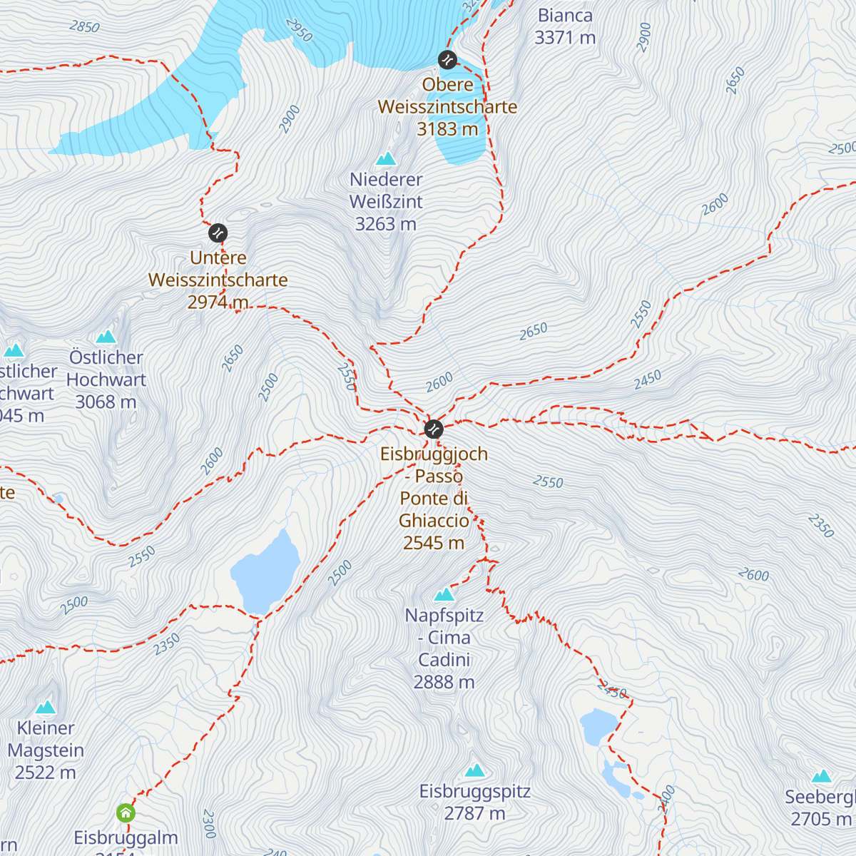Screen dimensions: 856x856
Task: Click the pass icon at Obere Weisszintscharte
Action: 447,59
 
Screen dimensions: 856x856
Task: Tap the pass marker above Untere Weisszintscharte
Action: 218,233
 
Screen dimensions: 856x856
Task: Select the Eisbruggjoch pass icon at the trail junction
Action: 434,429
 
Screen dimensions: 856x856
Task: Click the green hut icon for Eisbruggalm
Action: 126,812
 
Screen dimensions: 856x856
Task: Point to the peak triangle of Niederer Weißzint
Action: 386,158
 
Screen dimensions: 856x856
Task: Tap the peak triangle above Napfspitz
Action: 444,594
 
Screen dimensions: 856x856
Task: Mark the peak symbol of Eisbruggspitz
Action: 475,770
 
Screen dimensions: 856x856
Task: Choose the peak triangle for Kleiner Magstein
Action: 46,707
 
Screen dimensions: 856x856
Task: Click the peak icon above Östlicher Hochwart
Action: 106,336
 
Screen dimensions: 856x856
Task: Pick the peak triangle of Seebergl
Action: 822,776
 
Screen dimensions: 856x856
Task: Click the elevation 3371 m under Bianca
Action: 565,38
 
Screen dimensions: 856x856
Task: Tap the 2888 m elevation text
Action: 444,682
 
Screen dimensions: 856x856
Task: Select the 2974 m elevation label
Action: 218,302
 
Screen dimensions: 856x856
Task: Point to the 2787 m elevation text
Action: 474,813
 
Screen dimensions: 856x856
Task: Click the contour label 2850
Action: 84,27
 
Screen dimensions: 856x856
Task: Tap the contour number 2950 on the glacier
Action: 299,30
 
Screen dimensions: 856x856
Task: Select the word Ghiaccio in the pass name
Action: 434,520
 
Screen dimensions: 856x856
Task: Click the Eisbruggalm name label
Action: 126,837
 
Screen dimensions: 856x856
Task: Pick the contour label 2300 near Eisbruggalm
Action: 209,823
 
